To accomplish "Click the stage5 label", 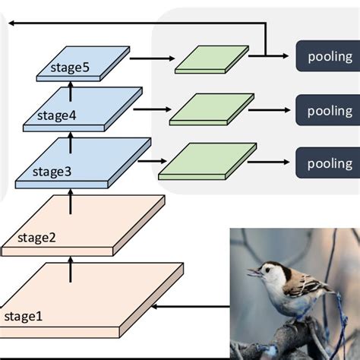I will tap(70, 68).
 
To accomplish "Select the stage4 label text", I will tap(55, 116).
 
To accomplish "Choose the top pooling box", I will tap(330, 56).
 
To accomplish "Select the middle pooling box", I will tap(330, 110).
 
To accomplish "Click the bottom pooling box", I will tap(330, 163).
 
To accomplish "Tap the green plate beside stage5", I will tap(212, 60).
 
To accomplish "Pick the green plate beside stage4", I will tap(211, 109).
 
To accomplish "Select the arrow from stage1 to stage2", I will tap(71, 270).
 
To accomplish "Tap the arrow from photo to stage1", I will tap(190, 307).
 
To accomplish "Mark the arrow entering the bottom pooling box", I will tap(273, 163).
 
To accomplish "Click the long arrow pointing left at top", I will tap(137, 24).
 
